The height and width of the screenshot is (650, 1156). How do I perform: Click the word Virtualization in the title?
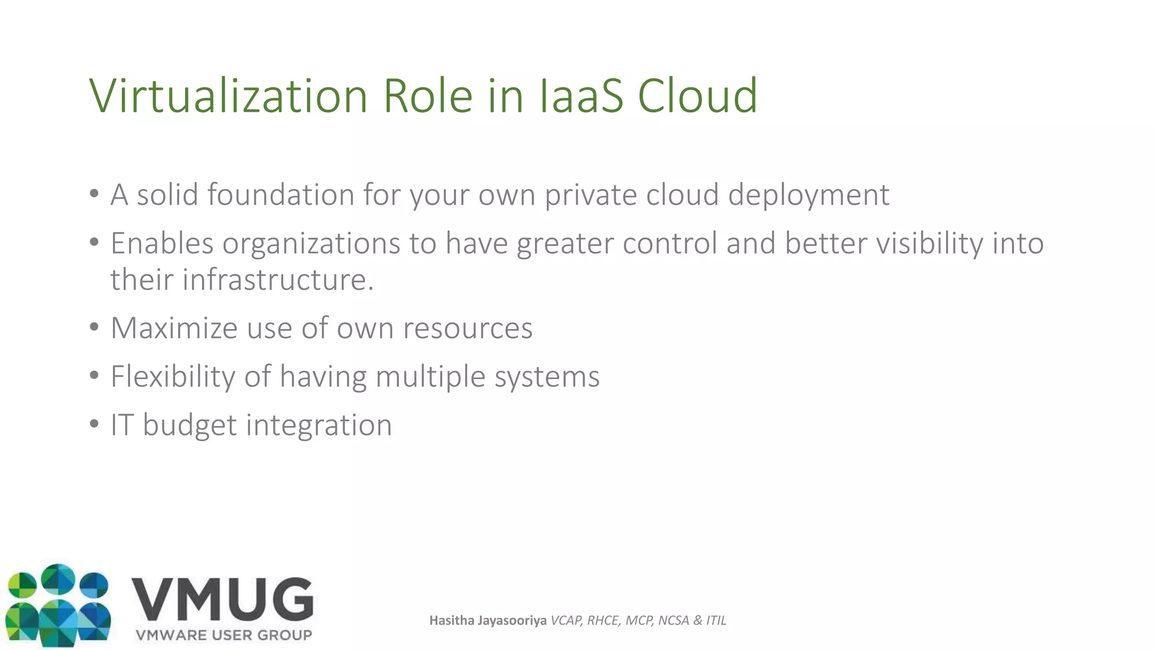229,96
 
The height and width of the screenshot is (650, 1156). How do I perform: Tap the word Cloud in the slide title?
697,96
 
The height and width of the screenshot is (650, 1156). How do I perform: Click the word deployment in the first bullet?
808,196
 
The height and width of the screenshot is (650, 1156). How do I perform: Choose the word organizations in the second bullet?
311,244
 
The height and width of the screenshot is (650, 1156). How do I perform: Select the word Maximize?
174,328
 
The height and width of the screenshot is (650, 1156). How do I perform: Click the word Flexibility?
172,377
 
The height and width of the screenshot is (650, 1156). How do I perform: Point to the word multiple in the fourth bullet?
430,377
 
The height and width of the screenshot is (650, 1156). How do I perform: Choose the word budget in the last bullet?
190,425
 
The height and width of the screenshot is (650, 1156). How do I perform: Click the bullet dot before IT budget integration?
94,424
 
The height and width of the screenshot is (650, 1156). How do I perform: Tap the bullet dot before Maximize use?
94,327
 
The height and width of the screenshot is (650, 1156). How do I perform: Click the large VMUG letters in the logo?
222,599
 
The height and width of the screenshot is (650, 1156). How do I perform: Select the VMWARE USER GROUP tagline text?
224,635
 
